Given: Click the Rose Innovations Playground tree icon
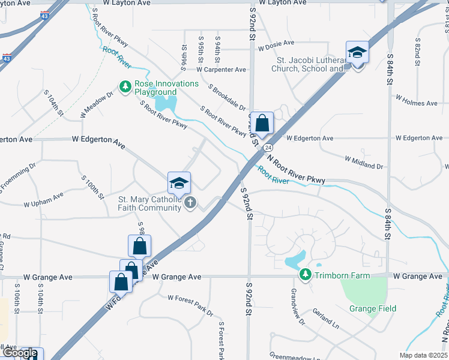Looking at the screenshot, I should (125, 88).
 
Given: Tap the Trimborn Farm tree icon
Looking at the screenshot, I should (306, 275).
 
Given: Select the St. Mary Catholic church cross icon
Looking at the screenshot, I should (190, 202).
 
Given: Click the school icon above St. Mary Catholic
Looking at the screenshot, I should (179, 182).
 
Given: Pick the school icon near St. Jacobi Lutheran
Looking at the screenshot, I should (357, 52).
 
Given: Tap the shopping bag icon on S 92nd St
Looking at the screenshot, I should (262, 124).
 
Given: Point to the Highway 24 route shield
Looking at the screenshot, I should (268, 147).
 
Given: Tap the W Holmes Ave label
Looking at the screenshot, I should (416, 103).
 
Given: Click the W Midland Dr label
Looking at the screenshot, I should (364, 162).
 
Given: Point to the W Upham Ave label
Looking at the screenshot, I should (44, 200).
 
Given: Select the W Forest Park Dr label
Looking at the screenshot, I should (190, 305).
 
